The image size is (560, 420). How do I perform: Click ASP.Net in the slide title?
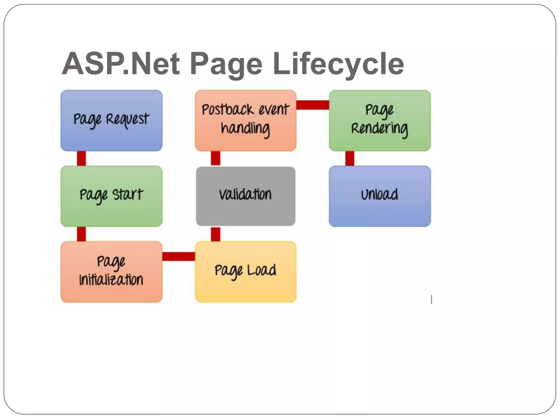(x=121, y=64)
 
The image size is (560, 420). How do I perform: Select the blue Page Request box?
(x=111, y=121)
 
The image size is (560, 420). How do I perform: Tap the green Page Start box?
(x=111, y=196)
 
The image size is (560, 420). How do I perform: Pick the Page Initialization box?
(x=111, y=272)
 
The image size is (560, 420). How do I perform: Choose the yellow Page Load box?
(x=246, y=272)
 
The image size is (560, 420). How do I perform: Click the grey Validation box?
(x=246, y=196)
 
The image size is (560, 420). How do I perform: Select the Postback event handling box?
(x=246, y=121)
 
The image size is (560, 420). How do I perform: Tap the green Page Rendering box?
(x=380, y=121)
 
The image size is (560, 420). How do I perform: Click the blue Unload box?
(x=380, y=196)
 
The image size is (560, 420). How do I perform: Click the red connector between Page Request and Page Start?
(x=81, y=158)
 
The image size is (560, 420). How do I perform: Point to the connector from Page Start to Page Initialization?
(x=81, y=234)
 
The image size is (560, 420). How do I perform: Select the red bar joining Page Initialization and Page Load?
(x=179, y=256)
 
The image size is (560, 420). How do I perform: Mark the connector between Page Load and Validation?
(x=215, y=234)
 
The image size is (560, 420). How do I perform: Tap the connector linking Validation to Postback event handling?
(x=215, y=158)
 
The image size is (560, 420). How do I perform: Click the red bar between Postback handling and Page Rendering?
(x=313, y=105)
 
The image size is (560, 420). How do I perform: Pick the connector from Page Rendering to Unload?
(x=350, y=158)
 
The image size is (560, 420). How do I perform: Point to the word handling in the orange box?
(x=245, y=129)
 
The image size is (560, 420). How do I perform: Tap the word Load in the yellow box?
(x=261, y=270)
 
